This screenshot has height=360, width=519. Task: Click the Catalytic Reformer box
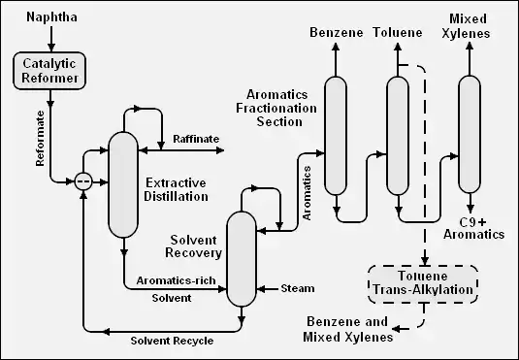[49, 71]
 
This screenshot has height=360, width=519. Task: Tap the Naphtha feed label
[52, 17]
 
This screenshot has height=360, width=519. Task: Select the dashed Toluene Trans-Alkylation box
[423, 284]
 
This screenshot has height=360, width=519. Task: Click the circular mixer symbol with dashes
[83, 181]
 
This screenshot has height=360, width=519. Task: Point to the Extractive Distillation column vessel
[123, 184]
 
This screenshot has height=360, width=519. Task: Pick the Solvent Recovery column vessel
[242, 259]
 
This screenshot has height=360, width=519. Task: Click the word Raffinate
[196, 139]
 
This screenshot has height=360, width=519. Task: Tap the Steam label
[298, 288]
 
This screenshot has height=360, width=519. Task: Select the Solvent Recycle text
[172, 341]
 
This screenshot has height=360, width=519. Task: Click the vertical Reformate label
[40, 139]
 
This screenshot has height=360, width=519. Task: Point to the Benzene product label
[337, 32]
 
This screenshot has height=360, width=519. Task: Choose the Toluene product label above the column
[398, 32]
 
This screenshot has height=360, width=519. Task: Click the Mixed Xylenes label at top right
[467, 26]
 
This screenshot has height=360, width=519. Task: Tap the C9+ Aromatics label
[473, 229]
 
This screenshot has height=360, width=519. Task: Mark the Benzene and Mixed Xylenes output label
[347, 329]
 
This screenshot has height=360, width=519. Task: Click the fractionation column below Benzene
[336, 136]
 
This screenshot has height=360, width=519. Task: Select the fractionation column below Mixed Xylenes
[470, 135]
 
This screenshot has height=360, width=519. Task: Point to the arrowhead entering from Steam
[261, 289]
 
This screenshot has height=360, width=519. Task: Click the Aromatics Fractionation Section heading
[276, 108]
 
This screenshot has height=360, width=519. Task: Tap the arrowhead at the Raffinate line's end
[220, 150]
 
